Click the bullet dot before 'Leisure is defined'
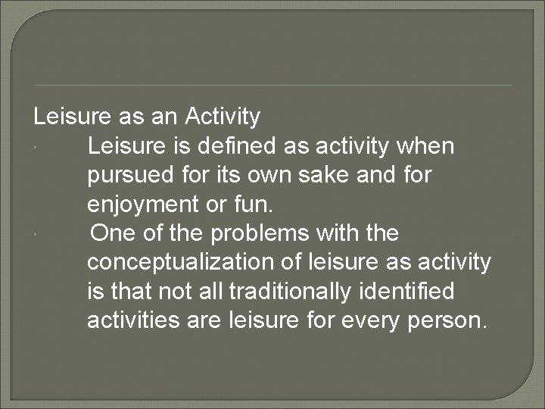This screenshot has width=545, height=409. tap(37, 147)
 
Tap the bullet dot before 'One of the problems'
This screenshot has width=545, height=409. tap(37, 235)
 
